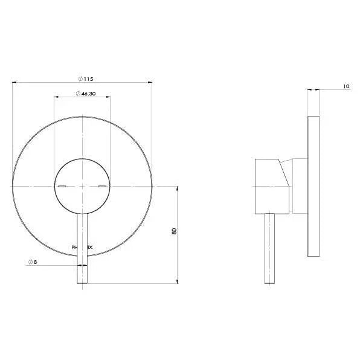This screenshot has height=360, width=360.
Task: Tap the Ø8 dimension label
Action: coord(33,263)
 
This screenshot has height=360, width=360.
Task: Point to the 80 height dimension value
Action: coord(174,232)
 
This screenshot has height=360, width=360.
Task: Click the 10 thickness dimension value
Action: coord(346,86)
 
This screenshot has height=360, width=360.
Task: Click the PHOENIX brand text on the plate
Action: coord(82,247)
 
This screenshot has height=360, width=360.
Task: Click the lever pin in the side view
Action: coord(270,248)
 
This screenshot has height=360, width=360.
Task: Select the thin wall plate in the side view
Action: coord(313,185)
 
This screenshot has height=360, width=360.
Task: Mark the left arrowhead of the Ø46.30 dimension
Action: coord(56,97)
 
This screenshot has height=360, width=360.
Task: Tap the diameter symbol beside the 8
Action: coord(30,263)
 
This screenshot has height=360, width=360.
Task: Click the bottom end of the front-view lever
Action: coord(82,281)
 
